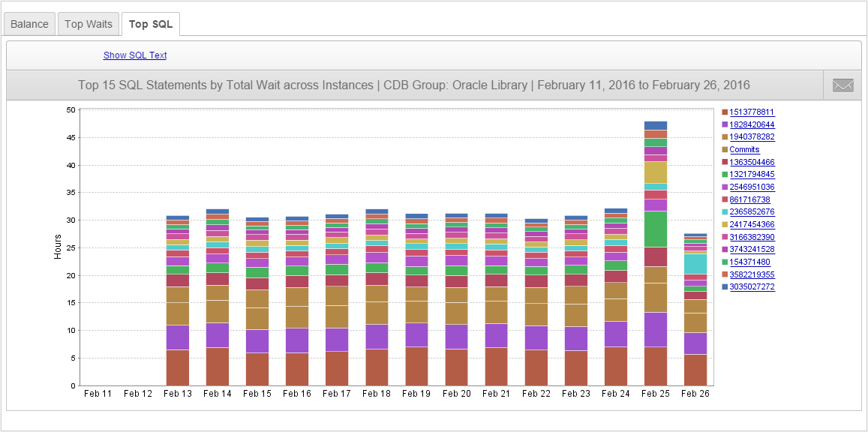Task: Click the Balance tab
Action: (29, 24)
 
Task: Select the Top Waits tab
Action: (88, 24)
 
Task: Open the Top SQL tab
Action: (150, 24)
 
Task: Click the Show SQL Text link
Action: (135, 55)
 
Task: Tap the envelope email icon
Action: (842, 85)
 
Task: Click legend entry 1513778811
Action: (752, 112)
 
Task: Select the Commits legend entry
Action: (744, 150)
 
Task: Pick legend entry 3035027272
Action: (752, 287)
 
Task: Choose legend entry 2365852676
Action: (752, 212)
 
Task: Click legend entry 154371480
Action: (749, 262)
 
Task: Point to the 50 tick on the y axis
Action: (71, 110)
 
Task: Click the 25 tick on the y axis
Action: (71, 248)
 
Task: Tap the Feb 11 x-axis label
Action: (98, 394)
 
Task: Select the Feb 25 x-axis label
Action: (656, 394)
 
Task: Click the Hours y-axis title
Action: (58, 247)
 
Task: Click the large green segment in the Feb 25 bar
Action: (656, 229)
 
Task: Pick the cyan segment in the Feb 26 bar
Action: (695, 264)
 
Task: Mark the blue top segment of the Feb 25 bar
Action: (656, 125)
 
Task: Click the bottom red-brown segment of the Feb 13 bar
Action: (177, 367)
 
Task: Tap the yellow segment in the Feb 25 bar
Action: (656, 172)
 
